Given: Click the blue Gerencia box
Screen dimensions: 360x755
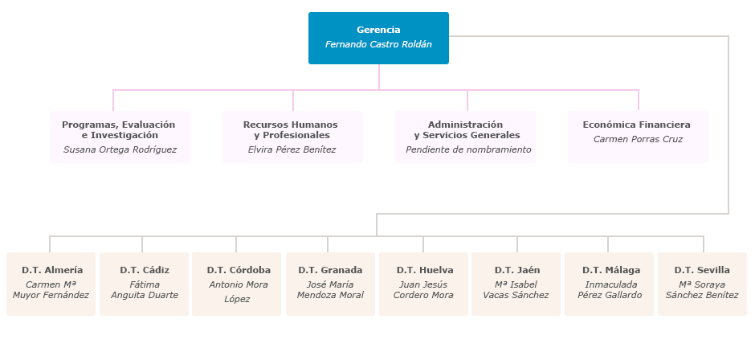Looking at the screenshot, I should pos(378,38).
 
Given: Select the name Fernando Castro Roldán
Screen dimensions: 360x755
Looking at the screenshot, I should pos(378,45).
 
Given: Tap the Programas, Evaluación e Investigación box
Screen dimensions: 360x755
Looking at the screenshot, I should pos(120,137).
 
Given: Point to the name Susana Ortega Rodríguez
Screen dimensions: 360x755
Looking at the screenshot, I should pos(120,149).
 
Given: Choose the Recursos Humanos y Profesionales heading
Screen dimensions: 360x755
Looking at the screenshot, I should pos(291,129).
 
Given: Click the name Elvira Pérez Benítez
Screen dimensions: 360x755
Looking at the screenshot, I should pos(292,149).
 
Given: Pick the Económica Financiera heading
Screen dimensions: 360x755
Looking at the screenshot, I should pos(636,125).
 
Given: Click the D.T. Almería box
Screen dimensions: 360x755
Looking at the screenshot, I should pos(51,284).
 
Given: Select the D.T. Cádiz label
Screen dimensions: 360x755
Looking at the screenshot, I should pos(145,270).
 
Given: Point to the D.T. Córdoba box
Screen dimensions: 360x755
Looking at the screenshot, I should pos(237,284).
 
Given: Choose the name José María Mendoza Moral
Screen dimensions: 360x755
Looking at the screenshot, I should pos(330,290).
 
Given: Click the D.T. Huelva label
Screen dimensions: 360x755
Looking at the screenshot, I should pos(424,270).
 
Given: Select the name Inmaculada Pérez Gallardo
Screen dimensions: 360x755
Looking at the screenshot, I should pos(610,290).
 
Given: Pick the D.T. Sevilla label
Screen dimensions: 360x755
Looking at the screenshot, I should pos(702,270).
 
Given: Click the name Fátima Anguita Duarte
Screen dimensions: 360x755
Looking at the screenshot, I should pos(145,290).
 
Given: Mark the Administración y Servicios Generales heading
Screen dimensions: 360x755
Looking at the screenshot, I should pos(466,129).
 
